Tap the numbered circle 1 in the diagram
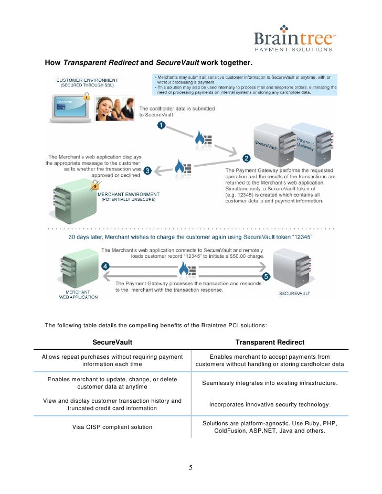(161, 125)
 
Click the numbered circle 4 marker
(105, 266)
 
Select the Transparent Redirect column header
(270, 342)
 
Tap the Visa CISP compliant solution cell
(112, 427)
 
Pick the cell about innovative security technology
(270, 405)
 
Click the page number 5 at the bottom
(191, 468)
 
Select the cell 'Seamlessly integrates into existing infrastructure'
(270, 383)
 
